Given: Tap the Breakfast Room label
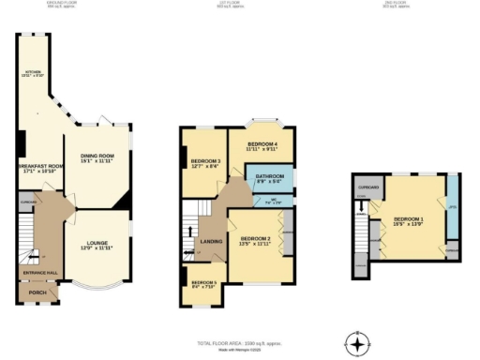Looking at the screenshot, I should point(37,170).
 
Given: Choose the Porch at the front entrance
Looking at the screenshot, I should point(37,292).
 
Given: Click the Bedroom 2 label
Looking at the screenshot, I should point(254,241).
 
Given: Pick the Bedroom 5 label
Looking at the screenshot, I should point(202,284).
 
